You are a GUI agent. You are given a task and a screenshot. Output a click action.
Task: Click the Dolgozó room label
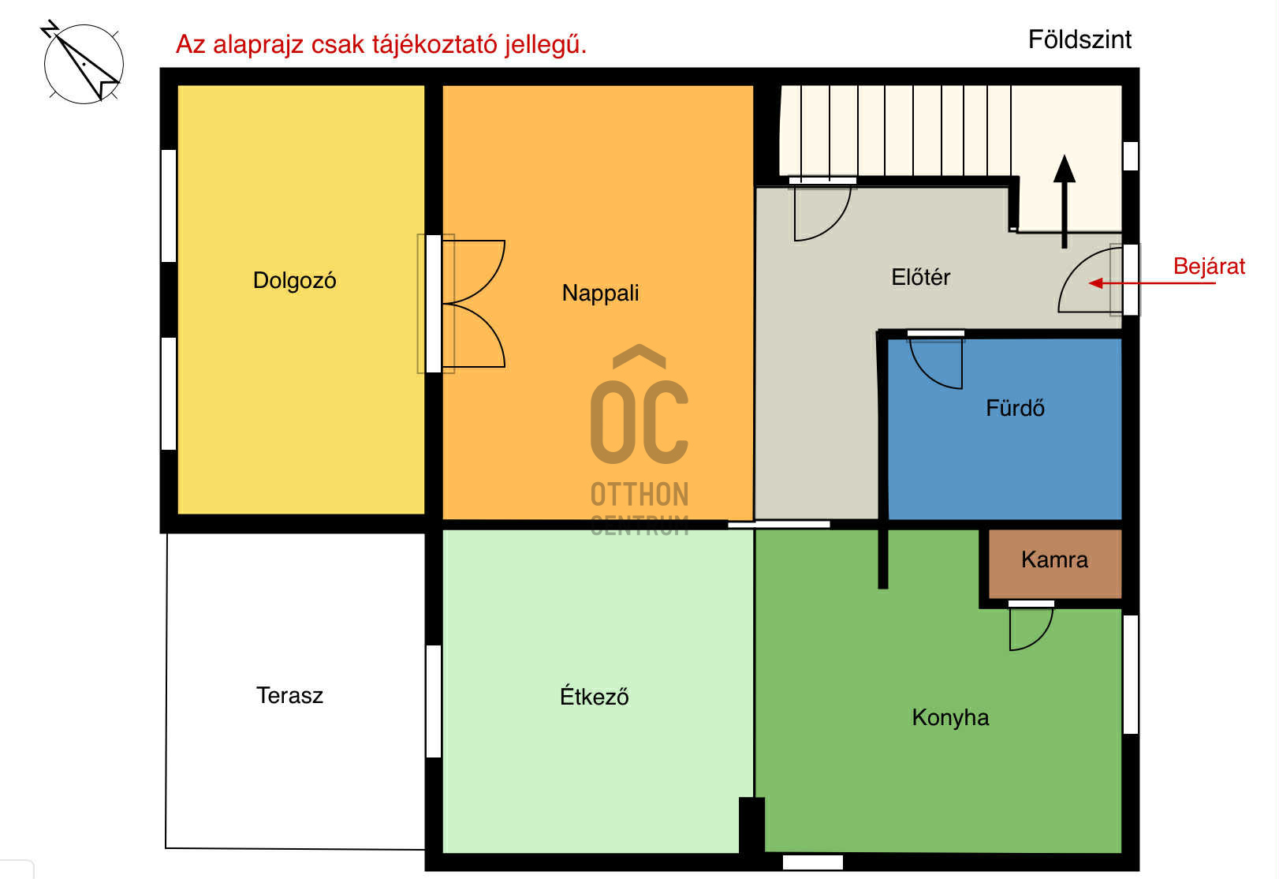point(294,281)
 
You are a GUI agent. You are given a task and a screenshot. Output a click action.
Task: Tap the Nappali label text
point(600,294)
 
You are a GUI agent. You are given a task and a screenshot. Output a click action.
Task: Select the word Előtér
point(920,278)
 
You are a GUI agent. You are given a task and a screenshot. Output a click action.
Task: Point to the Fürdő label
point(1015,409)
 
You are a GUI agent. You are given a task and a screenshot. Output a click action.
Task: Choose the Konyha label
point(950,717)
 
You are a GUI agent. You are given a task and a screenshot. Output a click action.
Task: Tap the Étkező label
point(594,697)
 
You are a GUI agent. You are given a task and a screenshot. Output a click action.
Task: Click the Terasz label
point(289,696)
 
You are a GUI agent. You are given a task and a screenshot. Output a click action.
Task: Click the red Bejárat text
point(1208,267)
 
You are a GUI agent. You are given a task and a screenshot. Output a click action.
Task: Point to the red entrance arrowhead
point(1096,283)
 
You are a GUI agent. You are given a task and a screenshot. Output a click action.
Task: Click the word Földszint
point(1079,39)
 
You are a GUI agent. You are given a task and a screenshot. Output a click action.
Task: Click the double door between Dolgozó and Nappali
point(473,304)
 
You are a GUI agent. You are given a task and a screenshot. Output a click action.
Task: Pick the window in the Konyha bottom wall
point(812,862)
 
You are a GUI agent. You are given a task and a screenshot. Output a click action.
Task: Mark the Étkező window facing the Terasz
point(434,701)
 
